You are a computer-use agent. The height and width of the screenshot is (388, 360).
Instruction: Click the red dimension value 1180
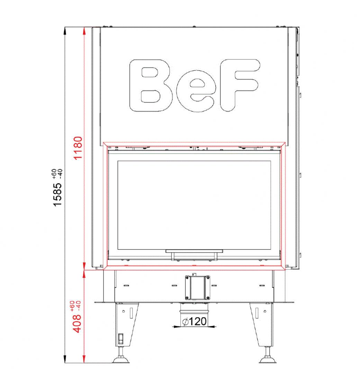pos(78,148)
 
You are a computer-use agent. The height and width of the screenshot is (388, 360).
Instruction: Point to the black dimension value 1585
pos(57,194)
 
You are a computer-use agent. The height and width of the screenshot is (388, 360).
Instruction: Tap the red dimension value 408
pos(76,324)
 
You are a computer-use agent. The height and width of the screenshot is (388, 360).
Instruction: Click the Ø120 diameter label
pos(194,321)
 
